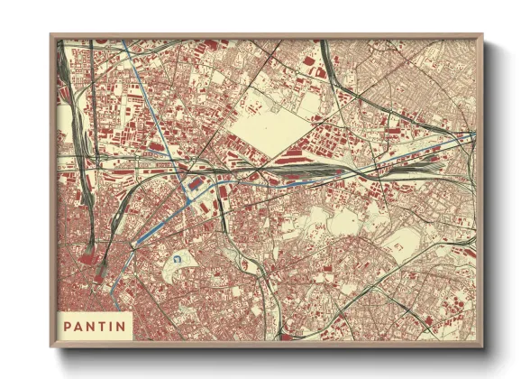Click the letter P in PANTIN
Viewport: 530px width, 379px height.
68,325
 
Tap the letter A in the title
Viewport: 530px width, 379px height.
79,325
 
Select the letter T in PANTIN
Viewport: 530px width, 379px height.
104,325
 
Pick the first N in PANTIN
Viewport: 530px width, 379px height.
92,325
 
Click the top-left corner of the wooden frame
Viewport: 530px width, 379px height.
51,35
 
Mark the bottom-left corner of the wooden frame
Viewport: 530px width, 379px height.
51,347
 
